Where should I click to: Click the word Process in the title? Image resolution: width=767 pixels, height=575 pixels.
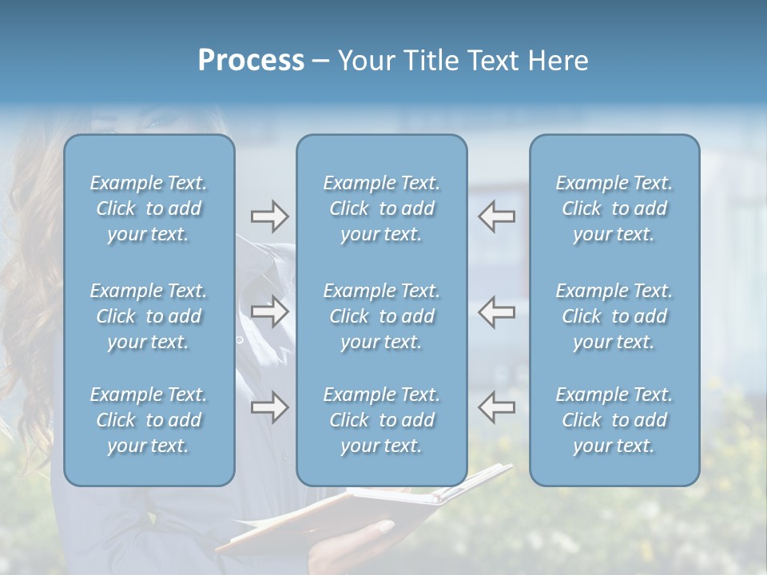click(251, 61)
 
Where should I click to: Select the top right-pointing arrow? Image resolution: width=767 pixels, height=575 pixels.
click(269, 216)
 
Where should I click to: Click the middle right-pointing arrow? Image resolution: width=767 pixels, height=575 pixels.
click(269, 311)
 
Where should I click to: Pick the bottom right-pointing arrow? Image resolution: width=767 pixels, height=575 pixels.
click(269, 407)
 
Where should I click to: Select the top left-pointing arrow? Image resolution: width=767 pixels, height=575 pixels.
click(497, 216)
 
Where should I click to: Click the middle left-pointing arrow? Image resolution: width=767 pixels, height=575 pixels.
click(497, 311)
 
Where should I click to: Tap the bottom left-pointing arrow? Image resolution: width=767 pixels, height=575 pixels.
click(497, 407)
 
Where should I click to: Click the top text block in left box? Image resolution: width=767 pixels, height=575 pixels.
click(149, 208)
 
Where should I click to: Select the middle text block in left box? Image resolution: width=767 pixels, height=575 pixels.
click(149, 316)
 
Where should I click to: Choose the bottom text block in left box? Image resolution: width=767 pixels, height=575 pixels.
click(149, 420)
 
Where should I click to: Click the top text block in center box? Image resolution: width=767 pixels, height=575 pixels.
click(382, 208)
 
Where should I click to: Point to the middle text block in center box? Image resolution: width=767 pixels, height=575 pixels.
click(382, 316)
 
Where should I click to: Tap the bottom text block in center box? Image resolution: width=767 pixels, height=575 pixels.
click(382, 420)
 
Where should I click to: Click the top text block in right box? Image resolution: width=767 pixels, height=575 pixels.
click(614, 208)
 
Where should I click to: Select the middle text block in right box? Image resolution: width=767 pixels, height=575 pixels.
click(614, 316)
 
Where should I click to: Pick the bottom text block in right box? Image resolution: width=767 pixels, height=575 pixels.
click(614, 420)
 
